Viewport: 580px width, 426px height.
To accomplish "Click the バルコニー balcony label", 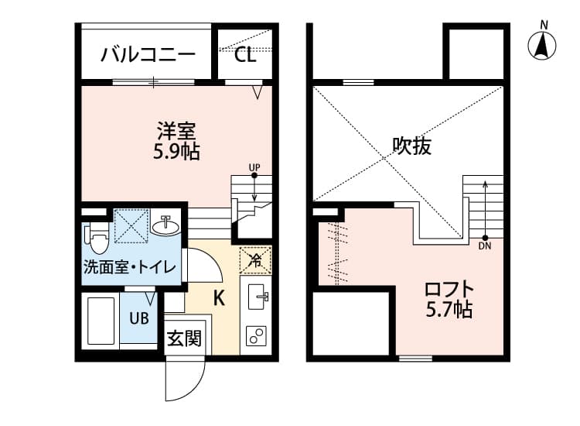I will pos(148,55).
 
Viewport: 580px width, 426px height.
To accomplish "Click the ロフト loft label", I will pos(449,290).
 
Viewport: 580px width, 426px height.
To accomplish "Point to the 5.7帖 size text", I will pos(449,311).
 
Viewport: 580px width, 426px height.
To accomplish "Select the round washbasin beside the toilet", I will pos(165,227).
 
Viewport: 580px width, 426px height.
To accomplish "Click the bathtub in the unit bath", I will pos(100,320).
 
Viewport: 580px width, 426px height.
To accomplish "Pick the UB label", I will pos(139,318).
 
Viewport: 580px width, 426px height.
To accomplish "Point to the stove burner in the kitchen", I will pos(255,335).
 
